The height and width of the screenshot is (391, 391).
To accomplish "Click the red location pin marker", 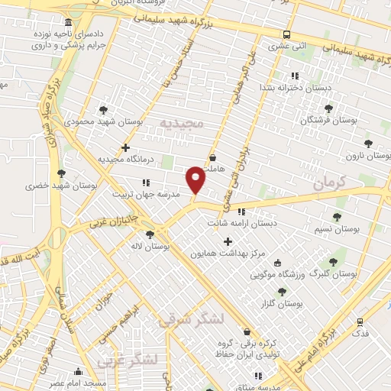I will tap(196, 179).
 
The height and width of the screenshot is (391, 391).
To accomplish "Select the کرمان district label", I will tap(330, 182).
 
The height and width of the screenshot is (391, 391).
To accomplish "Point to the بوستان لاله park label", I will tap(149, 246).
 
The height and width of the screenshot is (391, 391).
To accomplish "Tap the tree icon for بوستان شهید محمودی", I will tap(104, 110).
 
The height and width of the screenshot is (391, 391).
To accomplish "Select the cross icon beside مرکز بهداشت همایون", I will tap(227, 241).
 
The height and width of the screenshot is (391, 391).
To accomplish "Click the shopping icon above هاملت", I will tap(222, 158).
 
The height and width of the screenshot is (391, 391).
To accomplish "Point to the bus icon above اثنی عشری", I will tap(286, 34).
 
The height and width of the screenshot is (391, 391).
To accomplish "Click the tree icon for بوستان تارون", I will tap(368, 144).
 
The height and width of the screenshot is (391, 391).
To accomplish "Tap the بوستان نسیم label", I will tap(337, 228).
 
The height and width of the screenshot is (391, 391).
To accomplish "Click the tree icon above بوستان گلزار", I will tap(282, 292).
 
